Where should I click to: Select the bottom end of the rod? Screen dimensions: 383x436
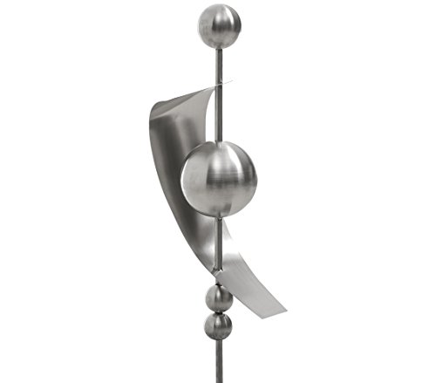click(x=218, y=380)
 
